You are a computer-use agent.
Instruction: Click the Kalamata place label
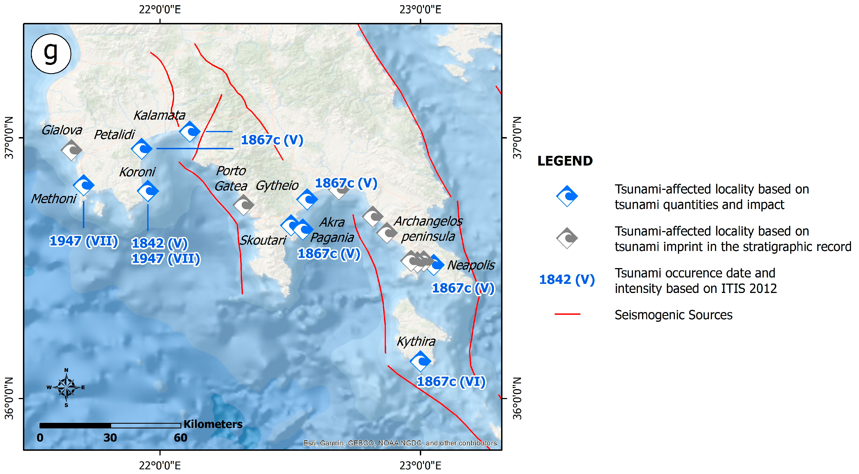coord(159,116)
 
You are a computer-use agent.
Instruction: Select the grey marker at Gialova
coord(71,150)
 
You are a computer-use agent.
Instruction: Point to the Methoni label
coord(54,199)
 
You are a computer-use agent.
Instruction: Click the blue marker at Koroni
coord(148,191)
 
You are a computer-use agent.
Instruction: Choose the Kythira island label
coord(416,342)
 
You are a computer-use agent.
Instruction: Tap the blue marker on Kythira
coord(420,361)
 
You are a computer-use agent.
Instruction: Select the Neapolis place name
coord(471,265)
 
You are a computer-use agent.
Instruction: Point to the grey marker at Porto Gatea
coord(243,205)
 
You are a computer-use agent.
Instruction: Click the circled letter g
coord(51,53)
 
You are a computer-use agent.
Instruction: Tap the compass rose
coord(66,387)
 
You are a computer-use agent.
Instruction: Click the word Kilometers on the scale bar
coord(213,424)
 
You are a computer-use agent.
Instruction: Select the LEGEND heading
coord(565,161)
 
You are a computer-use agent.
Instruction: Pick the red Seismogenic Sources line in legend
coord(567,314)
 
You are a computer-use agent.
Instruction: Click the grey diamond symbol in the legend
coord(567,238)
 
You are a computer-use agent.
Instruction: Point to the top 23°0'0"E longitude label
coord(420,9)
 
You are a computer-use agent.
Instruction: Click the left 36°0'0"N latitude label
coord(9,398)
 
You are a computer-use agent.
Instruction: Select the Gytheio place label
coord(277,185)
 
